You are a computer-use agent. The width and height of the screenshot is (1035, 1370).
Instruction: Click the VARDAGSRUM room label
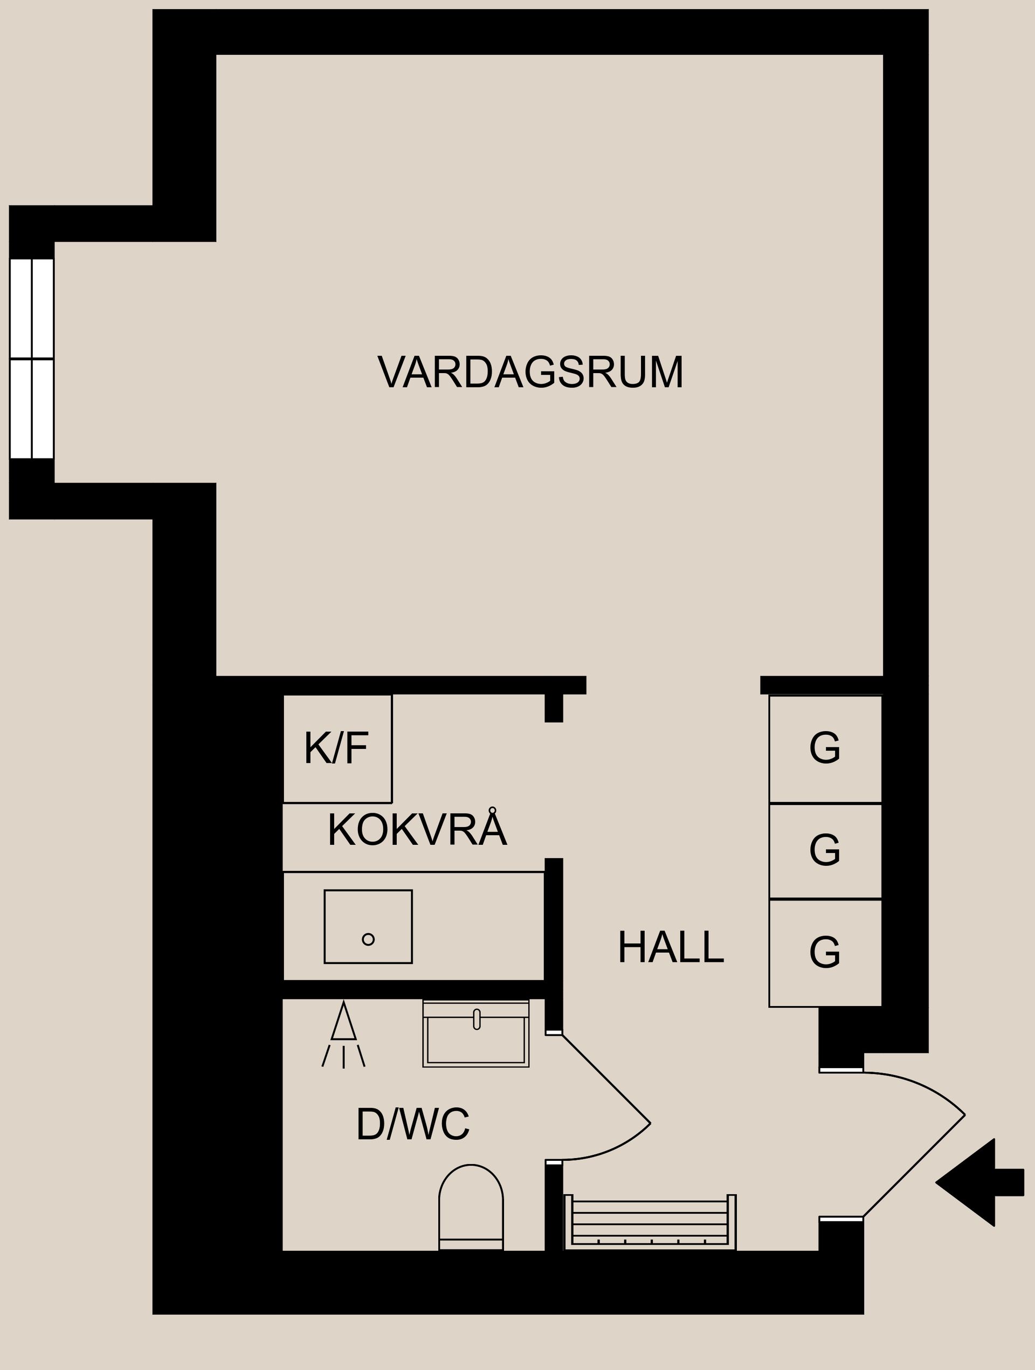click(530, 372)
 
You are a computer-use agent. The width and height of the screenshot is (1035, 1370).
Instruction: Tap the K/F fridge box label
click(336, 748)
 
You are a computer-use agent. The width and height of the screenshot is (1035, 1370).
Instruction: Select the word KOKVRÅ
click(417, 829)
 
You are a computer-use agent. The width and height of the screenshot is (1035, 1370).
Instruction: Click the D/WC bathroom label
click(412, 1124)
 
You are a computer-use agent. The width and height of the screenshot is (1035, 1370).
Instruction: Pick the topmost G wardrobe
click(825, 748)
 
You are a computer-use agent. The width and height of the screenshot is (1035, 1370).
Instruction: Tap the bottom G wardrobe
click(825, 952)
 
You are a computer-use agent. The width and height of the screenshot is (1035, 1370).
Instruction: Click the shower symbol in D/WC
click(343, 1034)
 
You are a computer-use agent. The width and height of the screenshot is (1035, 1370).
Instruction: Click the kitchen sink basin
click(368, 927)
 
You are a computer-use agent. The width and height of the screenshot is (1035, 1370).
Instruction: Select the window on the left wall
click(32, 359)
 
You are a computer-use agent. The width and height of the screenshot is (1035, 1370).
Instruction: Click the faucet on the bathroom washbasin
click(477, 1019)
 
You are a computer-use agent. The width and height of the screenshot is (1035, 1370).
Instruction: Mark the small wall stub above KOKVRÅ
click(554, 707)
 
